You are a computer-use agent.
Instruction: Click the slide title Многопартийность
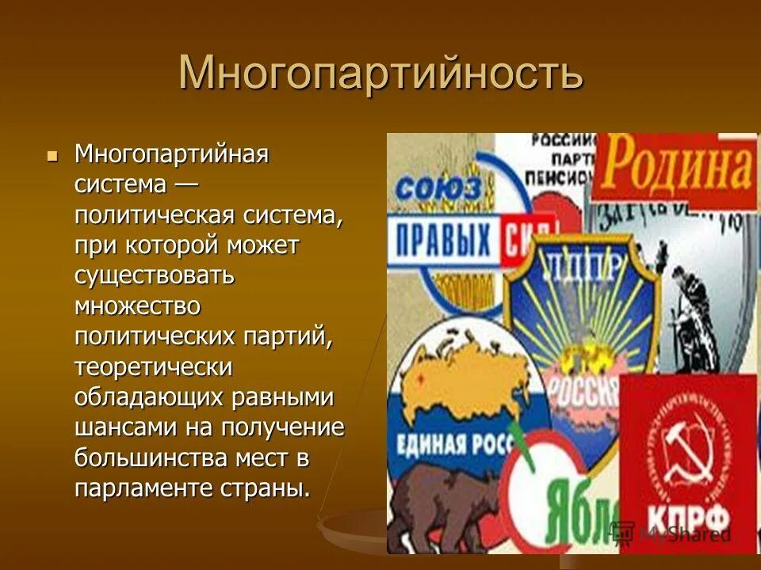[x=380, y=74]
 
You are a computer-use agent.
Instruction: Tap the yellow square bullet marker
[x=53, y=155]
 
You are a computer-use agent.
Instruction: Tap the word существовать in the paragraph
[x=155, y=276]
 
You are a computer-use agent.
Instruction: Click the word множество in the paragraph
[x=138, y=306]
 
